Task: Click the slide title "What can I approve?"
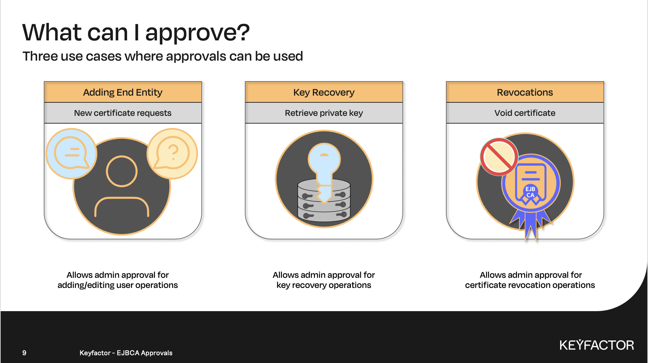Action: coord(136,33)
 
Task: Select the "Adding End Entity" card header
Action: coord(123,92)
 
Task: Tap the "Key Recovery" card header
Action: coord(324,92)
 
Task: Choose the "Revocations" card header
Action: coord(525,92)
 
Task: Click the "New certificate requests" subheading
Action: coord(123,113)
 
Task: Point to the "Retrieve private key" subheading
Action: coord(324,113)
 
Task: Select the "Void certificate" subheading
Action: coord(525,113)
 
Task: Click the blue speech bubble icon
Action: coord(71,153)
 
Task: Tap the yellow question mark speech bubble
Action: coord(172,153)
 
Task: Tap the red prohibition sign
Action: coord(499,157)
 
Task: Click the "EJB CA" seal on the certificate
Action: coord(530,192)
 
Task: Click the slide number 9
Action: coord(24,353)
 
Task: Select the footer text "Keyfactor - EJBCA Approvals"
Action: coord(126,353)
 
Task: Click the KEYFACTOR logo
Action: coord(597,345)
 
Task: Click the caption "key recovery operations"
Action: coord(324,285)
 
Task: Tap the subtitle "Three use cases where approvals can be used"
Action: coord(163,56)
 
